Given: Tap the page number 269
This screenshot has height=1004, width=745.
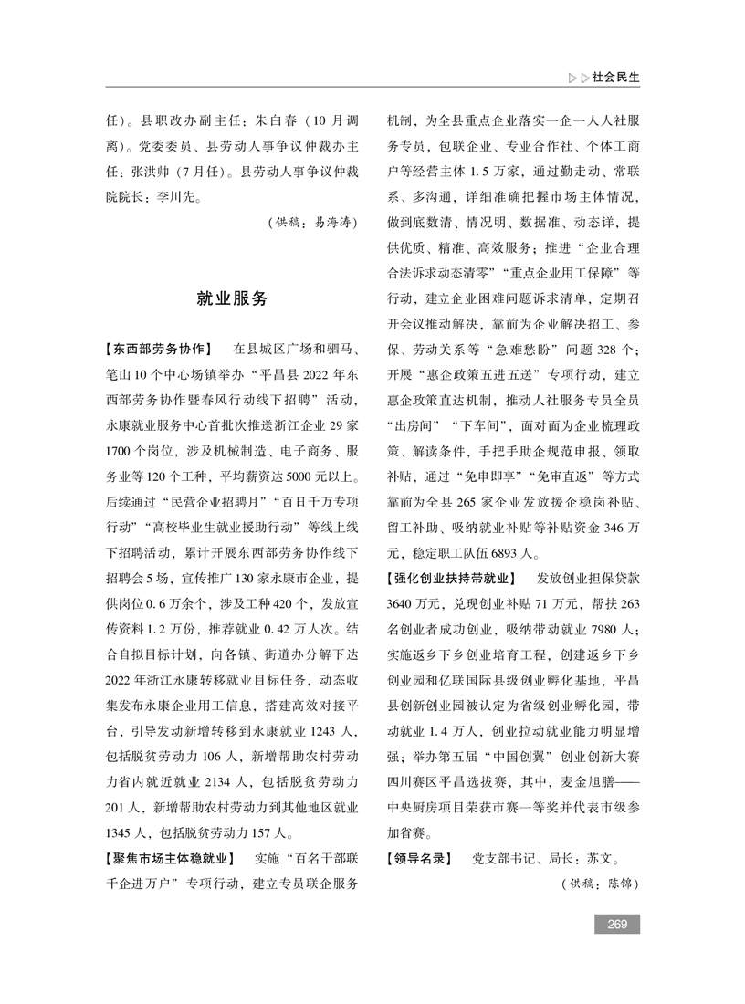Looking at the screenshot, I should (616, 925).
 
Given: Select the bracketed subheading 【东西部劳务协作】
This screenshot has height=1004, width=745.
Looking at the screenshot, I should (160, 349).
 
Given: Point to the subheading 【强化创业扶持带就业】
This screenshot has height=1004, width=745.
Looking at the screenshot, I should (450, 579).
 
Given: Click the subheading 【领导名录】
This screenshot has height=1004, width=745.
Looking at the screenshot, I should (419, 859).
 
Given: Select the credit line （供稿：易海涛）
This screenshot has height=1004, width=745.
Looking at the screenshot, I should (311, 221).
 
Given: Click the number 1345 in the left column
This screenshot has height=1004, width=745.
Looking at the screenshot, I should (124, 832).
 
